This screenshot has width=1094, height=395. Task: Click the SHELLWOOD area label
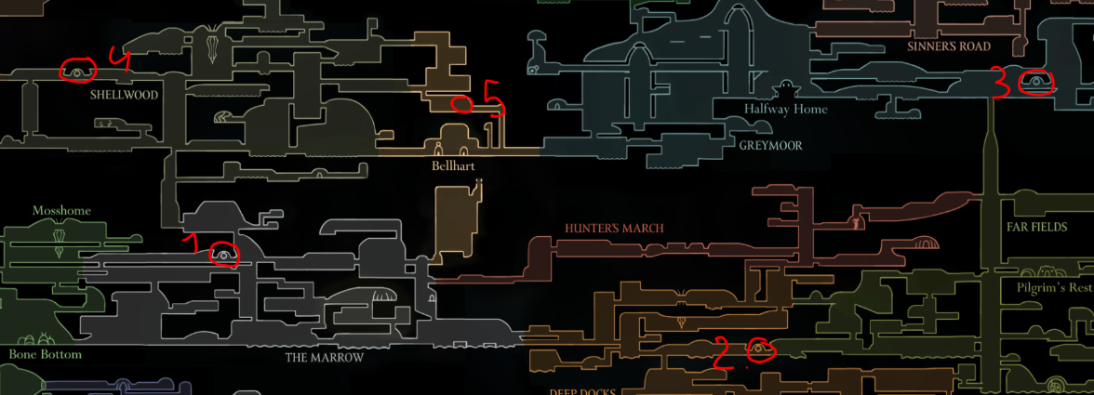[x=125, y=95]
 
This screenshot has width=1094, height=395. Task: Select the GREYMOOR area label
[x=770, y=146]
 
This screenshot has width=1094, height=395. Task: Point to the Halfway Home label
[x=785, y=109]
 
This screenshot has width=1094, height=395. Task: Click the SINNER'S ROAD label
[x=949, y=46]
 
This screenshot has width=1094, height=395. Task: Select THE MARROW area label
[x=324, y=357]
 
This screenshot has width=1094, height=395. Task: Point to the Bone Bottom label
[x=46, y=354]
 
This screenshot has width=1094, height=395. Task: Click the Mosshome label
[x=61, y=211]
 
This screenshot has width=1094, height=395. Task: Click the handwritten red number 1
[x=196, y=246]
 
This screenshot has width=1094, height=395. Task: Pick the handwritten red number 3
[x=999, y=82]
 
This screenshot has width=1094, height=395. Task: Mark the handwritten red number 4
[x=119, y=59]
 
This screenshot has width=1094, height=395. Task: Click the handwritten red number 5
[x=493, y=98]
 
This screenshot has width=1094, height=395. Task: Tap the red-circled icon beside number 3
[x=1034, y=84]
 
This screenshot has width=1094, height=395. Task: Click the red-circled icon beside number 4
[x=78, y=70]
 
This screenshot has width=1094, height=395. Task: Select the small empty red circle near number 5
[x=461, y=103]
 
